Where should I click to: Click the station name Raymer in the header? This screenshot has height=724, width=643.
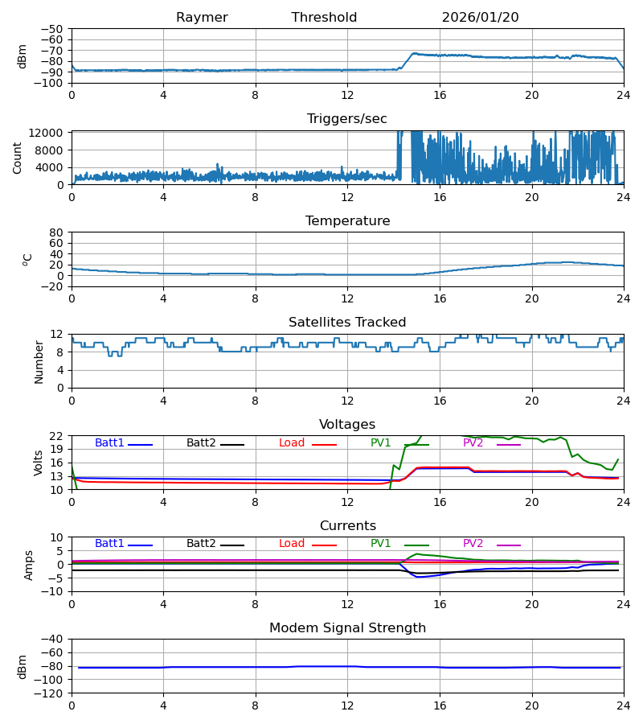click(202, 18)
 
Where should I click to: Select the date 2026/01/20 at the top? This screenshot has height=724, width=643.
click(480, 18)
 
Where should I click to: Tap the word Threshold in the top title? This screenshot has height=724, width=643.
click(324, 18)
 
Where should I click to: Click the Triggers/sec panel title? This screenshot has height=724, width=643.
click(347, 119)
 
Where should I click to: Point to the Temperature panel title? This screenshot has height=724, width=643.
click(347, 221)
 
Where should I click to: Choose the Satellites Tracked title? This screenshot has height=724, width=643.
click(347, 323)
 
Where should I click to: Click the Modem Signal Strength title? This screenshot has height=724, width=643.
click(347, 628)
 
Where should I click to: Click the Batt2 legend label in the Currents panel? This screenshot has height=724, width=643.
click(201, 544)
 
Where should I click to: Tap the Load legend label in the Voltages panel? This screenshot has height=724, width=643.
click(292, 443)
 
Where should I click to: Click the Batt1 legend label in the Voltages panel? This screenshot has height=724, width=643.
click(109, 443)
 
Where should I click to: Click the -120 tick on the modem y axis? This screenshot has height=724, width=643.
click(50, 693)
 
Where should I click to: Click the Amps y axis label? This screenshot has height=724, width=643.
click(30, 565)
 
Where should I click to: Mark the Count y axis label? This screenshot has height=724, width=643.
click(18, 158)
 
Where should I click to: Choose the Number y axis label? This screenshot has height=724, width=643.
click(39, 361)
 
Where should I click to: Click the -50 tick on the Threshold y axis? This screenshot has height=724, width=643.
click(52, 29)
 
